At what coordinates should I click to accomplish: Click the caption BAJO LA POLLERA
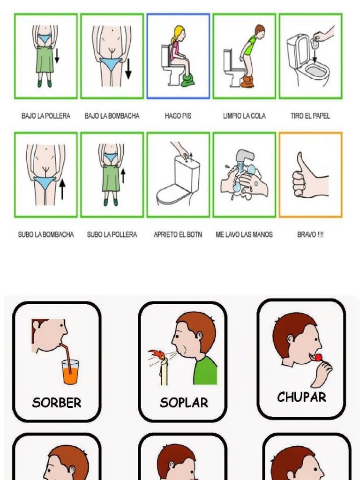click(46, 116)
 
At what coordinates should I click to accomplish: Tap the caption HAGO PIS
click(178, 116)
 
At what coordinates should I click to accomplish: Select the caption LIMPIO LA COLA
click(244, 116)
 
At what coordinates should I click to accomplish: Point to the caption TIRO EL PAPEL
click(310, 116)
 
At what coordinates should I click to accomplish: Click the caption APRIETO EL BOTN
click(178, 234)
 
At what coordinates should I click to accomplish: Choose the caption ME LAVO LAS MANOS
click(244, 234)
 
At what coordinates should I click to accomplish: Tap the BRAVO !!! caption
click(310, 234)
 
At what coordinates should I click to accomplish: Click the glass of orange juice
click(70, 371)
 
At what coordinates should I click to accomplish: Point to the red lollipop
click(318, 358)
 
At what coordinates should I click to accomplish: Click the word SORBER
click(57, 402)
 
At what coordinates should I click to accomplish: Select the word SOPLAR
click(184, 402)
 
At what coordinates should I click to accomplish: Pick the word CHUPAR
click(301, 397)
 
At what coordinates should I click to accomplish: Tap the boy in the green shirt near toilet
click(250, 52)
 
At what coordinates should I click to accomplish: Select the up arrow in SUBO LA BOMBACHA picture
click(62, 190)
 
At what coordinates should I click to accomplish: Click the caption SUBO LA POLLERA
click(112, 234)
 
